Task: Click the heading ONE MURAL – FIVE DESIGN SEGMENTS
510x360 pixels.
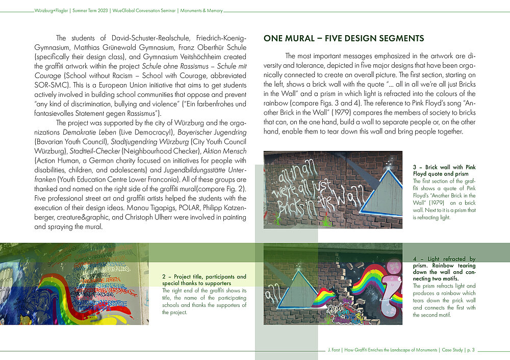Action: [x=343, y=38]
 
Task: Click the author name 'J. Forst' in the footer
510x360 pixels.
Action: [x=335, y=350]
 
